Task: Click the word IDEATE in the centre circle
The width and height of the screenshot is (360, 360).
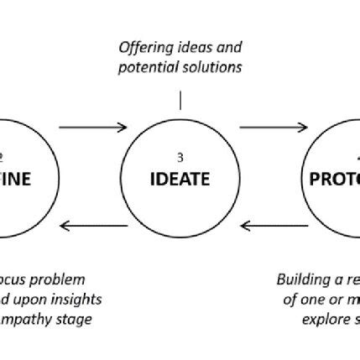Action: (x=180, y=179)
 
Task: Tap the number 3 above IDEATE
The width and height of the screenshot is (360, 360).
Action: (x=180, y=156)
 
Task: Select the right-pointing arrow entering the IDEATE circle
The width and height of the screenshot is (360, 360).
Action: (x=93, y=128)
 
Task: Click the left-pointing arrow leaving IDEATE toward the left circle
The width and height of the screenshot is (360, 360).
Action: (x=93, y=224)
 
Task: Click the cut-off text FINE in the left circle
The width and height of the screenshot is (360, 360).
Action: (x=17, y=179)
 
